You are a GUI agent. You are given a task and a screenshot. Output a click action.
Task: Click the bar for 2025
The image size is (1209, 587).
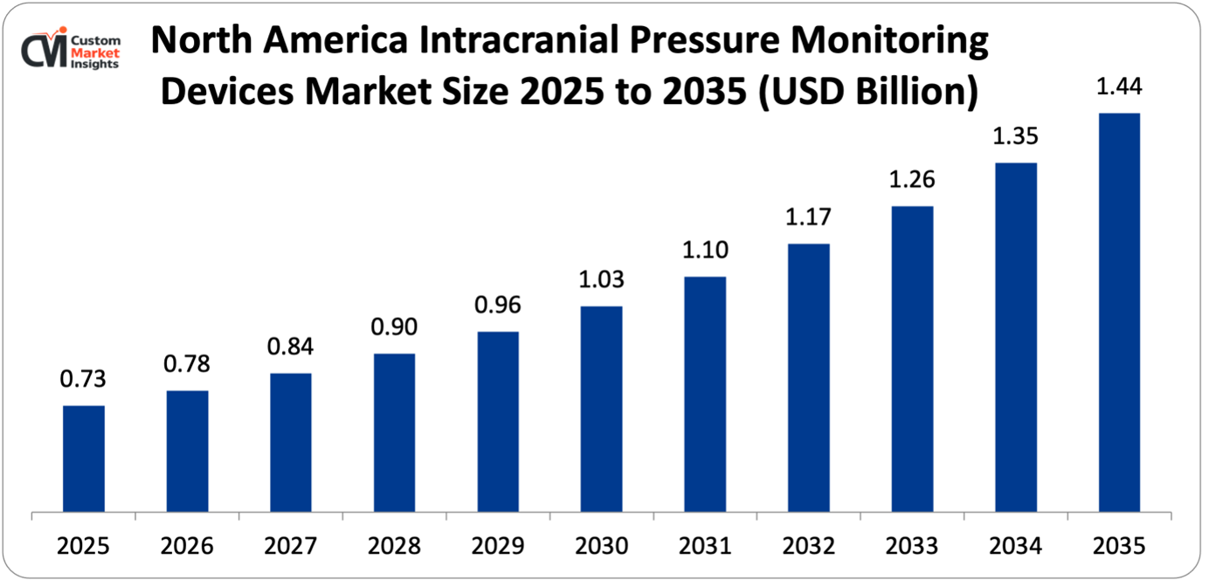pyautogui.click(x=84, y=459)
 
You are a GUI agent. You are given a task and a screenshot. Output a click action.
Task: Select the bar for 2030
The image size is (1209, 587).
pyautogui.click(x=601, y=409)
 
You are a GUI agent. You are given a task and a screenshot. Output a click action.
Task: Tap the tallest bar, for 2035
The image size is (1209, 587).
pyautogui.click(x=1119, y=312)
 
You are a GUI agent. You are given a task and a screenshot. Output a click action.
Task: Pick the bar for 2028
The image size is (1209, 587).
pyautogui.click(x=394, y=432)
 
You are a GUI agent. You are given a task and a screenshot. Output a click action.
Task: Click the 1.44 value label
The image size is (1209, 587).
pyautogui.click(x=1119, y=87)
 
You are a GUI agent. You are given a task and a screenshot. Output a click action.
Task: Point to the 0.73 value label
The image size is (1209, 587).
pyautogui.click(x=84, y=380)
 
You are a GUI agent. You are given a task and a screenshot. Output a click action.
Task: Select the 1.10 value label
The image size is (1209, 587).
pyautogui.click(x=705, y=251)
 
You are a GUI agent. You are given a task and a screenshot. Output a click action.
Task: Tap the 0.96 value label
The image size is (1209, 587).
pyautogui.click(x=498, y=306)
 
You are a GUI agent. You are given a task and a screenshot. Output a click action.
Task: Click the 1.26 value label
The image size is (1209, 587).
pyautogui.click(x=912, y=180)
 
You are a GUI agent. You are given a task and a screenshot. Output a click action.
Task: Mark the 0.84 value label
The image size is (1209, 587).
pyautogui.click(x=291, y=348)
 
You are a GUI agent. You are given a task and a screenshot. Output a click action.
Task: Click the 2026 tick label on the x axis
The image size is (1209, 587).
pyautogui.click(x=187, y=546)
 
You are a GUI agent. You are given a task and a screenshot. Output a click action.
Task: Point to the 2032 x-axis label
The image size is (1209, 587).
pyautogui.click(x=808, y=546)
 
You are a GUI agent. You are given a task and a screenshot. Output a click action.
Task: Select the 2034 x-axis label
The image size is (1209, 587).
pyautogui.click(x=1015, y=546)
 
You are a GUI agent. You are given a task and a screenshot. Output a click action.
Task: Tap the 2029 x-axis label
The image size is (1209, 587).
pyautogui.click(x=498, y=546)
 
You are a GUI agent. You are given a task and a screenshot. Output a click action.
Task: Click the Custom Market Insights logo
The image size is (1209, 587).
pyautogui.click(x=72, y=51)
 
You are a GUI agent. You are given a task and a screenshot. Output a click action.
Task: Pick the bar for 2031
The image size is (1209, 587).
pyautogui.click(x=705, y=394)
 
